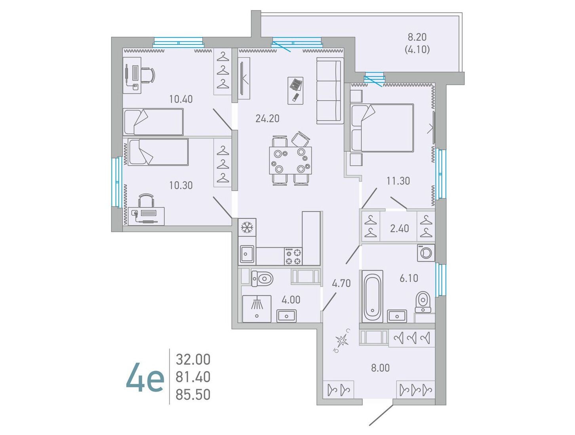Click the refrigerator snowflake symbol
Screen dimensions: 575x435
(x=247, y=227)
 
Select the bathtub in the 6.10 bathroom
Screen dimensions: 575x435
(x=372, y=296)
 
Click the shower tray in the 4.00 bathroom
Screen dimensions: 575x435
(x=257, y=309)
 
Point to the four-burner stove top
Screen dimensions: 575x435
(x=293, y=257)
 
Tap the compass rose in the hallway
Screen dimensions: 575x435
(x=342, y=340)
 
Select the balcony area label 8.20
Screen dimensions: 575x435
(x=417, y=37)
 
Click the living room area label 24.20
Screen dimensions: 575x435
(x=267, y=119)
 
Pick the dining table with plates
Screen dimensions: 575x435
(x=290, y=160)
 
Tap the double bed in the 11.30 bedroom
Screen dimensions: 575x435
(x=382, y=128)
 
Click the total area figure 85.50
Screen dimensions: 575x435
(x=193, y=395)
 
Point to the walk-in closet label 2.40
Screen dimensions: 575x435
(x=399, y=229)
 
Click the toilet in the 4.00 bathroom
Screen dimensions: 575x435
(x=262, y=278)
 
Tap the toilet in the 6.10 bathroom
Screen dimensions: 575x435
(x=423, y=302)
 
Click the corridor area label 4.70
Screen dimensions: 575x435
(x=341, y=283)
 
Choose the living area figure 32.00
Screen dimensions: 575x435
(x=193, y=359)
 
